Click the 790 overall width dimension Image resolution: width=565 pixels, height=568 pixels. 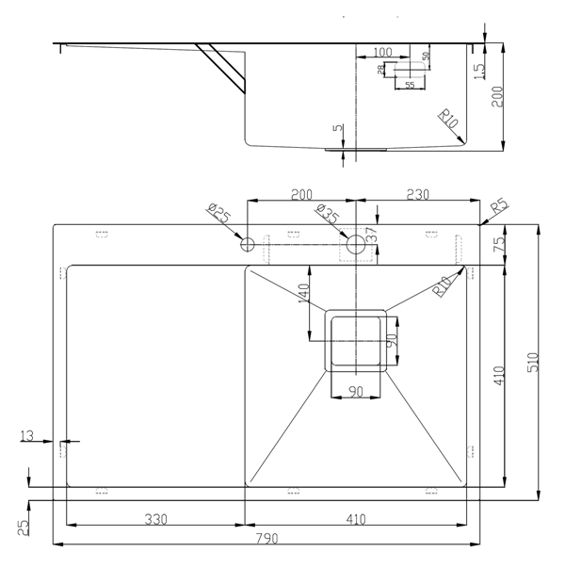[x=267, y=539]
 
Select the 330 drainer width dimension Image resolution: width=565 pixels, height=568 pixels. [x=155, y=519]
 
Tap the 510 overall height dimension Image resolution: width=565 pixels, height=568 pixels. [x=534, y=363]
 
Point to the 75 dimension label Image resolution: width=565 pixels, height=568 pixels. [x=499, y=244]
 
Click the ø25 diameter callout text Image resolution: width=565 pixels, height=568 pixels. [x=219, y=213]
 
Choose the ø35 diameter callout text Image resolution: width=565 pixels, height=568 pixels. [x=327, y=214]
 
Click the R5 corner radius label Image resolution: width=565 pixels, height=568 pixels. [x=499, y=207]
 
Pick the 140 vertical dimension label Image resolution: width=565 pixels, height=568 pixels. [x=303, y=294]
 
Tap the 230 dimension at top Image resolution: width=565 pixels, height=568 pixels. [x=417, y=195]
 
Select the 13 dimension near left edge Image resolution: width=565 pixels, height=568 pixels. [x=26, y=435]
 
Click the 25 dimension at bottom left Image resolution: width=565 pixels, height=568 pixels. [x=23, y=527]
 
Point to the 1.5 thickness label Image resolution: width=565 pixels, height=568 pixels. [x=478, y=72]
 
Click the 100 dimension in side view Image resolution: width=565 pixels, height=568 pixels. [x=382, y=52]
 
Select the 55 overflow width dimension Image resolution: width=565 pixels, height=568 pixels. [x=410, y=85]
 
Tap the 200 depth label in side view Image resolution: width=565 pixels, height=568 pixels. [x=497, y=96]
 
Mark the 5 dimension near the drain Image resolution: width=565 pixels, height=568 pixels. [x=337, y=127]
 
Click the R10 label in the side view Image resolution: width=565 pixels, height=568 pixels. [x=448, y=120]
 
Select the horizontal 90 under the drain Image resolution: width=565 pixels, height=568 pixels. [x=356, y=391]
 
